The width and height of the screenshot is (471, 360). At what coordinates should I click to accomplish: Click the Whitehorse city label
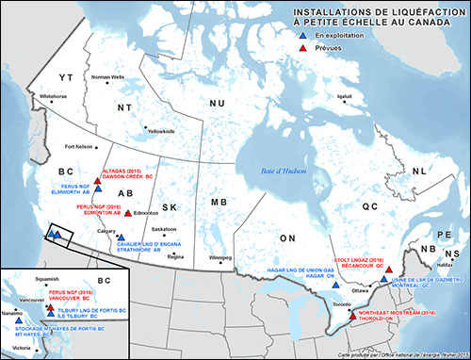(x=54, y=96)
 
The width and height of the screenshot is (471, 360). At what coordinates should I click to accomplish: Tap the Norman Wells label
(x=106, y=76)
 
